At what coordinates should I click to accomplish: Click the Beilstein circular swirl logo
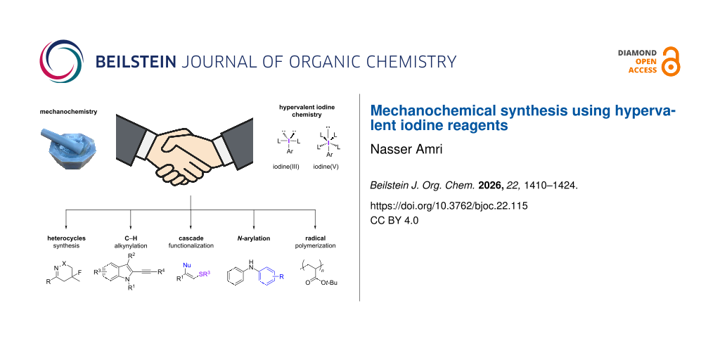62,61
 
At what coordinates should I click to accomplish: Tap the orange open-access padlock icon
671,62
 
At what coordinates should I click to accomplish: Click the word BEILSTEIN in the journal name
136,62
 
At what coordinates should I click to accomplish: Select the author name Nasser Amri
406,149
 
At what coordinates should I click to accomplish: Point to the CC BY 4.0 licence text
394,220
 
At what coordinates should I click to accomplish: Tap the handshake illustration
185,150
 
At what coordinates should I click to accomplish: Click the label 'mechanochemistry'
68,112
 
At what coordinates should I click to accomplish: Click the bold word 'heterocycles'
67,238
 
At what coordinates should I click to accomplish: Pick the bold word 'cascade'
191,238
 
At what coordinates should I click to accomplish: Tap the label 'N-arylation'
253,238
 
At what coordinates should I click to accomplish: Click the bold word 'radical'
316,238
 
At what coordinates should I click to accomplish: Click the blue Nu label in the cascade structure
187,265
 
